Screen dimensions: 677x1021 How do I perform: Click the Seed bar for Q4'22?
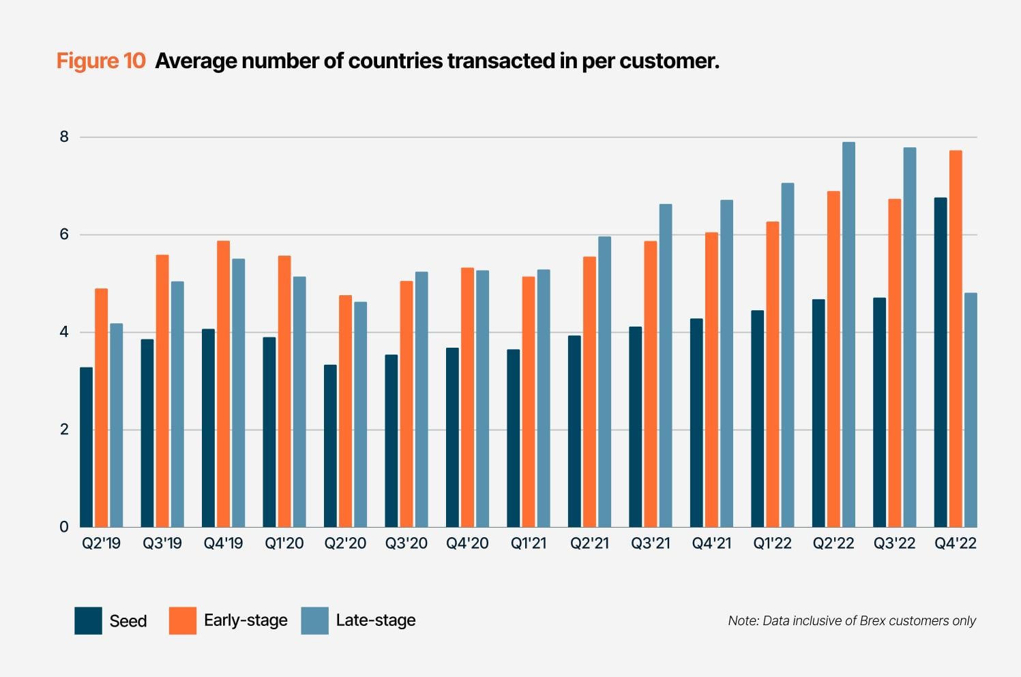pos(941,362)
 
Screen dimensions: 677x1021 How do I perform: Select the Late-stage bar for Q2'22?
pos(848,334)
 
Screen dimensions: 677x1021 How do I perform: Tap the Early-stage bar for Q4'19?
pos(224,384)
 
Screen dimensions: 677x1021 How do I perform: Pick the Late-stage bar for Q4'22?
pos(971,410)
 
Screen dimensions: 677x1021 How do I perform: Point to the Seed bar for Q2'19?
pos(87,447)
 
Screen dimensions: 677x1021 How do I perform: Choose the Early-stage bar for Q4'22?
pos(956,339)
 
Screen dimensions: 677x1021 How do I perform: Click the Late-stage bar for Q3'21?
pos(666,365)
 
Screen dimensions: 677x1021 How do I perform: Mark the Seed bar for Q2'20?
pos(331,446)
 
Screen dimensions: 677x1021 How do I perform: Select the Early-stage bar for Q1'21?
pos(529,402)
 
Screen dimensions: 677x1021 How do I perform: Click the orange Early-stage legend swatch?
pos(183,620)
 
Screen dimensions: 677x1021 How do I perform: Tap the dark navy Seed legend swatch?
pos(88,620)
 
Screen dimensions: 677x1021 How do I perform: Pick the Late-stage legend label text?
pos(376,620)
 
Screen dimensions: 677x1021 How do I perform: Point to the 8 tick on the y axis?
pos(64,137)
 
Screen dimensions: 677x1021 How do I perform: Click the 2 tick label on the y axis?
pos(64,430)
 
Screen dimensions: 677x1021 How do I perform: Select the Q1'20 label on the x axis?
pos(284,543)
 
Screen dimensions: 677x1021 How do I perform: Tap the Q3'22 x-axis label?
pos(894,543)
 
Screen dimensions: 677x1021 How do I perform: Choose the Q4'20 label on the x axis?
pos(467,543)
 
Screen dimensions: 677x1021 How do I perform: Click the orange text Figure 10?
pos(101,61)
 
